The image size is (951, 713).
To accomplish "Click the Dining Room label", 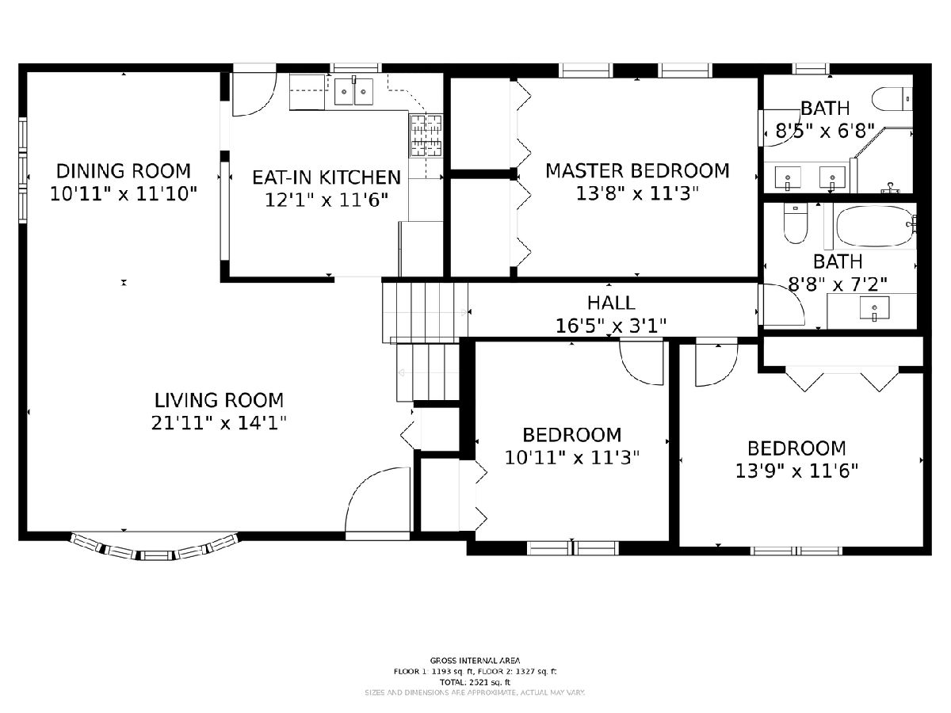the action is click(124, 171).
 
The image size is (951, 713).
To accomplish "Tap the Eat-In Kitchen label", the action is click(327, 177).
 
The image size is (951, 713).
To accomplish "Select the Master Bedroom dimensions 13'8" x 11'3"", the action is click(637, 193).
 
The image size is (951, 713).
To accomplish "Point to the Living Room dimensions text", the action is click(219, 422).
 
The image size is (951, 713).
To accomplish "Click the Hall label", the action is click(611, 303).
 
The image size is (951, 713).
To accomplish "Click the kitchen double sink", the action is click(353, 91).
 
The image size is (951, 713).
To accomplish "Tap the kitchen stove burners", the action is click(426, 135).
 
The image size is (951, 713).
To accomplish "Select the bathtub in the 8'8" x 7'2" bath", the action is click(875, 227).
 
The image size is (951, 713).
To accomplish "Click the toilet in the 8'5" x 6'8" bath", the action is click(892, 100).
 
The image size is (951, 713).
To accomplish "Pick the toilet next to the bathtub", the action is click(795, 224).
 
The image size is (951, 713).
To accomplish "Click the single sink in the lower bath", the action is click(874, 308).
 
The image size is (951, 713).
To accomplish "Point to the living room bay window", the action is click(155, 548).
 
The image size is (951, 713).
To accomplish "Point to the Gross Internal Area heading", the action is click(475, 661).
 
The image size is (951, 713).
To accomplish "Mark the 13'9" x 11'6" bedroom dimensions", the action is click(796, 471).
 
